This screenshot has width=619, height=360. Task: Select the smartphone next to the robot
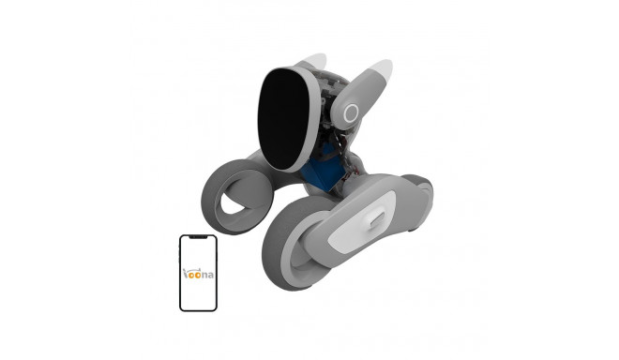coord(200,272)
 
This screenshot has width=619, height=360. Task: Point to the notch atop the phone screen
coord(200,239)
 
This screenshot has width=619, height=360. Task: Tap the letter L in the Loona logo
coord(186,270)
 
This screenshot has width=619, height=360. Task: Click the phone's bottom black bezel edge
coord(200,308)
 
